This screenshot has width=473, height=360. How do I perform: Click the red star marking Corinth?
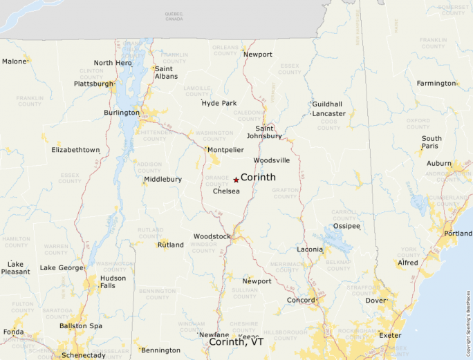236,180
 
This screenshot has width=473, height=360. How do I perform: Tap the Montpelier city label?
225,149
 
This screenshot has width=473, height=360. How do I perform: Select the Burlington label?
122,113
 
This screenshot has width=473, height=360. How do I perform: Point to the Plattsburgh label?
94,84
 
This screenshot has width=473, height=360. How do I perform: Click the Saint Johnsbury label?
269,132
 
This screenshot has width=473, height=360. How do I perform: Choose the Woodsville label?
272,160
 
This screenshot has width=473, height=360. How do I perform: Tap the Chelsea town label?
227,191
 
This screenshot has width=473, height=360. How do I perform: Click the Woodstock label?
212,236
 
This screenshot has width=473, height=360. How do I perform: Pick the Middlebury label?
163,180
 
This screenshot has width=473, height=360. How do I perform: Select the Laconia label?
309,249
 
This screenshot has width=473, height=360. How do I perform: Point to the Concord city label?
302,300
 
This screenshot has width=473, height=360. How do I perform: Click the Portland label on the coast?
458,234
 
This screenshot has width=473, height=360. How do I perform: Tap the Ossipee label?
346,226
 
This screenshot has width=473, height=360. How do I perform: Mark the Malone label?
14,61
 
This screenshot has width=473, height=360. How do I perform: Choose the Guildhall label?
327,104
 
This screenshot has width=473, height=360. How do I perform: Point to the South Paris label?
432,142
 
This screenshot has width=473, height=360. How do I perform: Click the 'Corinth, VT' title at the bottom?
236,342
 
